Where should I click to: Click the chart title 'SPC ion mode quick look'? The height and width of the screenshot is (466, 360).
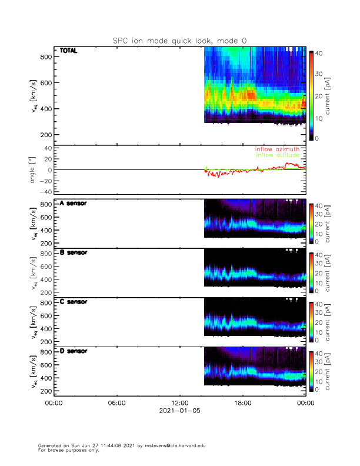[179, 41]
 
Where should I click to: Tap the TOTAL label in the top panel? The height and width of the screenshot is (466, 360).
[69, 52]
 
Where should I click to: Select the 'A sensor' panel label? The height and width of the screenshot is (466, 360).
[74, 203]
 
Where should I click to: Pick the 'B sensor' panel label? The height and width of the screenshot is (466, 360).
[74, 252]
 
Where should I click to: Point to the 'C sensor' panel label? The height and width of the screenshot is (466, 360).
[74, 302]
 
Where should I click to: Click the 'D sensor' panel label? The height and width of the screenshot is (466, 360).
[74, 351]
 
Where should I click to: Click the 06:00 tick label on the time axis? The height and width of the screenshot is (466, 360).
[116, 403]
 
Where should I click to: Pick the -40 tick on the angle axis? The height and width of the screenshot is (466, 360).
[44, 192]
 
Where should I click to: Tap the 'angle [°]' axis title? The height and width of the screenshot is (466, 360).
[33, 170]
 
